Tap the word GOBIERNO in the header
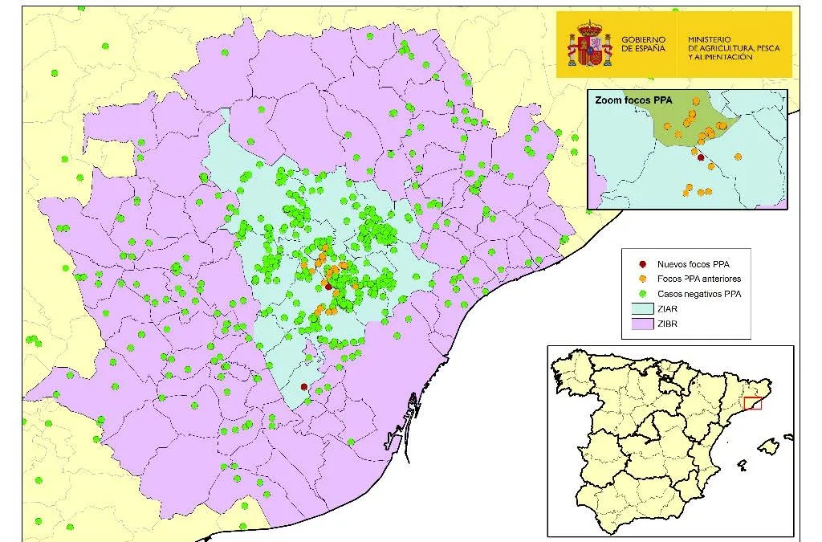pos(643,39)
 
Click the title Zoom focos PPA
pos(633,101)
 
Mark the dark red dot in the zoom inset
pos(701,158)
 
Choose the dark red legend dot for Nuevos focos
pos(641,263)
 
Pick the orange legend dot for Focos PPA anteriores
pos(641,279)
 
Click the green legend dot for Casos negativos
pos(641,294)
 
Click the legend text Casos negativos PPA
pos(698,294)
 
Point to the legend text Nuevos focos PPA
pos(693,263)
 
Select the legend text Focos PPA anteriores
pos(698,279)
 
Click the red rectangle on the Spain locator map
pos(752,403)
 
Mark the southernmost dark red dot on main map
pos(303,387)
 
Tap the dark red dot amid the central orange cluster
pos(328,286)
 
